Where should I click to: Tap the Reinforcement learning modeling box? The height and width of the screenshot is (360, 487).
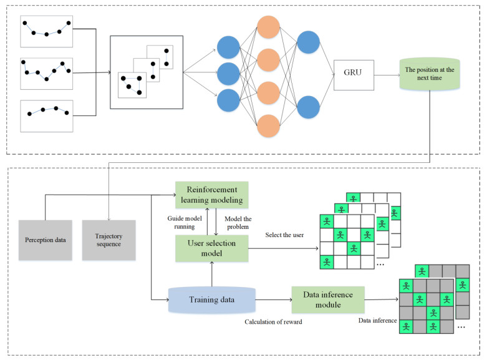click(212, 195)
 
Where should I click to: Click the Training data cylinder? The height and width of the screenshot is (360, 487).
click(212, 299)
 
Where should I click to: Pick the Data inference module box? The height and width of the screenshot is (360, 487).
click(328, 299)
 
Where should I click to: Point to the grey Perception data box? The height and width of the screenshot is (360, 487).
click(44, 240)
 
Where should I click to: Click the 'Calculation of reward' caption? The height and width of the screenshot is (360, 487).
click(273, 321)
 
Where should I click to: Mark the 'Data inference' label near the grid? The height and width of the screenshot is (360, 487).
click(377, 321)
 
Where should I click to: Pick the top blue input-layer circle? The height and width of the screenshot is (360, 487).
click(228, 48)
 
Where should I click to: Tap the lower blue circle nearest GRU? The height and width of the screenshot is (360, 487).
click(308, 106)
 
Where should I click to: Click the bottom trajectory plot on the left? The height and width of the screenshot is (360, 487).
click(47, 115)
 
